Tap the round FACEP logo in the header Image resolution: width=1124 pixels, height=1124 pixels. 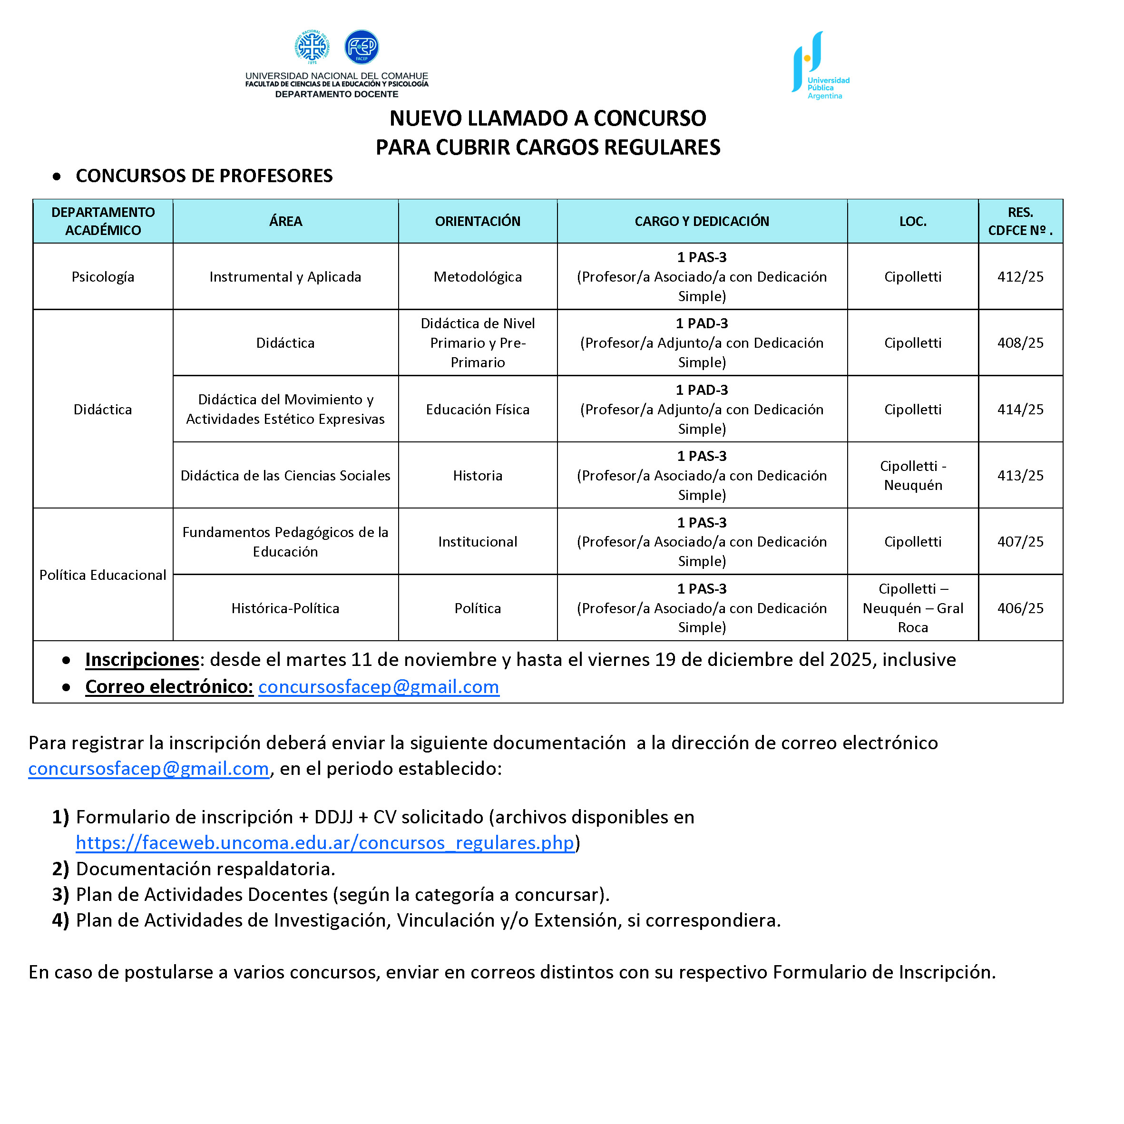pos(362,47)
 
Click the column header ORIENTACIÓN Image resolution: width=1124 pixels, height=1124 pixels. pos(477,221)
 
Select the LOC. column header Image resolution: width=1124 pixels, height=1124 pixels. pos(912,221)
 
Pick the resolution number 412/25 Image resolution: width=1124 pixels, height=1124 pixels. pos(1020,276)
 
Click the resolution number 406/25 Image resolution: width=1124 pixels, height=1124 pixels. pos(1020,608)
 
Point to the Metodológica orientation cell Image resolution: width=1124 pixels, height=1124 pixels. pos(477,276)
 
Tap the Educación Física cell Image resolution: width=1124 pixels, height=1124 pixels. pos(477,409)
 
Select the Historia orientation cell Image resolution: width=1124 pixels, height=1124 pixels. pos(477,475)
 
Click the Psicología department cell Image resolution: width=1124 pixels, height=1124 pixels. pos(102,276)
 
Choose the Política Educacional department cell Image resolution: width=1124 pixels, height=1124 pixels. pos(102,575)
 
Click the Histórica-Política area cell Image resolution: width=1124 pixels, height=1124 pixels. pos(285,608)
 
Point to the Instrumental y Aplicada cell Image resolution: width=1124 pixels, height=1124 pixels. pos(285,276)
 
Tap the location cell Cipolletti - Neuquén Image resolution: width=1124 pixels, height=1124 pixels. pos(912,475)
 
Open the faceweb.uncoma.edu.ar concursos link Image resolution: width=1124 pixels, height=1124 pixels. pos(324,842)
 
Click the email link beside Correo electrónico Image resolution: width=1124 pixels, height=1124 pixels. pos(378,686)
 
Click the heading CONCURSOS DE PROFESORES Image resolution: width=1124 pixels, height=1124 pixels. pos(204,176)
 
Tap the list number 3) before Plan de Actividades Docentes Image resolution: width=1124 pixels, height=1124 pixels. pos(60,894)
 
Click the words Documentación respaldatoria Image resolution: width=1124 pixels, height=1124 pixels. pos(205,869)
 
